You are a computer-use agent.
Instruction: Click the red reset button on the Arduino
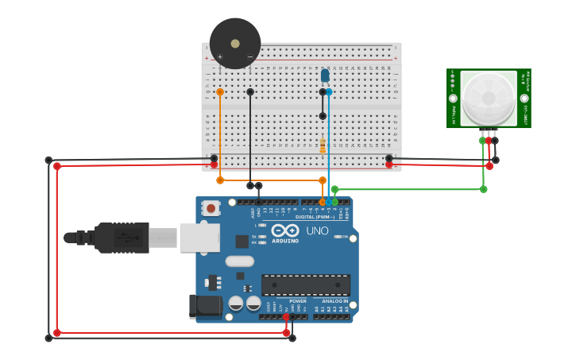211,208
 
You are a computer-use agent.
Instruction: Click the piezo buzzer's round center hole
235,43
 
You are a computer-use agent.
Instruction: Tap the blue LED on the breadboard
325,75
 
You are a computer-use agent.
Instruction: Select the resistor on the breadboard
323,146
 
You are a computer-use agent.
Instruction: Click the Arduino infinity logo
284,230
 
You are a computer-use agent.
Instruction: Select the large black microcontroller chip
305,285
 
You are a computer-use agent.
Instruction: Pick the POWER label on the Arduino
298,301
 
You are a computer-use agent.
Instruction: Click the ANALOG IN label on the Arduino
334,301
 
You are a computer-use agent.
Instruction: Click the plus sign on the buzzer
220,56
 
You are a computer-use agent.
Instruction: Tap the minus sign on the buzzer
250,56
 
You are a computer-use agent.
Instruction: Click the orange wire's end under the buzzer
220,92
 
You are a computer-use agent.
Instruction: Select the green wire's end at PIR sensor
482,141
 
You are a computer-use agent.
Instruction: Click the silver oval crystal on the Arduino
239,261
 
